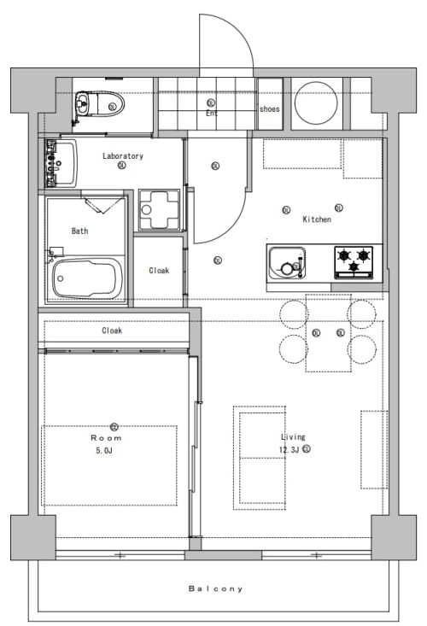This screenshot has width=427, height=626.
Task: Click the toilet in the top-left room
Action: coord(99,104)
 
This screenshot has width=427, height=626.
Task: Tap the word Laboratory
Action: coord(122,156)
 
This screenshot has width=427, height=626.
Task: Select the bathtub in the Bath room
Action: coord(87,278)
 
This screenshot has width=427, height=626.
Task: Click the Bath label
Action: coord(79,231)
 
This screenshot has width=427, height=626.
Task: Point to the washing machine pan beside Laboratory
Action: coord(159,209)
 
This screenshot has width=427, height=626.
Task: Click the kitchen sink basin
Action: coord(287,263)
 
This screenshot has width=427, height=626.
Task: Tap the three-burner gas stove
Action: coord(354,262)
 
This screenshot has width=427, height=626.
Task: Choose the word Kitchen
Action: coord(317,219)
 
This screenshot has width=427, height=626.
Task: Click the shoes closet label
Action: coord(270,108)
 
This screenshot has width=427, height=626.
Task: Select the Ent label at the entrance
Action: coord(212,113)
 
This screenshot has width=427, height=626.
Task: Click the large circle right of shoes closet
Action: coord(316,103)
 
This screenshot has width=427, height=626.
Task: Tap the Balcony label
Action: coord(215,588)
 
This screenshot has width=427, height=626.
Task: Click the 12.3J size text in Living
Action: coord(289,449)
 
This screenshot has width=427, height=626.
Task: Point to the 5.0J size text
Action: coord(103,451)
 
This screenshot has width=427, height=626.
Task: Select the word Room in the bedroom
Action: coord(106,438)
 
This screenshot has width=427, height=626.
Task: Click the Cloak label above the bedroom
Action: coord(112,331)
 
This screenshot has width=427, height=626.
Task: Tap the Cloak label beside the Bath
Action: coord(159,270)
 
